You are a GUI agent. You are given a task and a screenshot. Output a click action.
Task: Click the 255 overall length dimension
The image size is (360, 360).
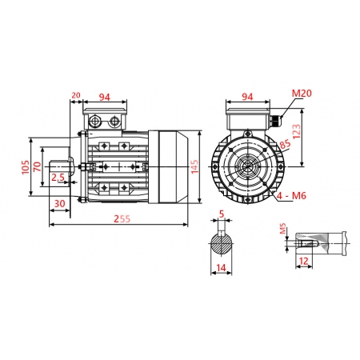click(122, 218)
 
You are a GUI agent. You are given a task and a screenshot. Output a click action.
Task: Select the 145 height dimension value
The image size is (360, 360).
click(194, 166)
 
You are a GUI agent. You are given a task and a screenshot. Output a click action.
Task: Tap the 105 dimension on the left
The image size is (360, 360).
click(26, 166)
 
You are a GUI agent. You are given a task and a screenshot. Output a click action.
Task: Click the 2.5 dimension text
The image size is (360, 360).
click(58, 178)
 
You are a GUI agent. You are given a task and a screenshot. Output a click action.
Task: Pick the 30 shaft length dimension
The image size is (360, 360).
click(59, 204)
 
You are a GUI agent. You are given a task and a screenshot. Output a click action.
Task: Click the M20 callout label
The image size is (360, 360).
click(301, 94)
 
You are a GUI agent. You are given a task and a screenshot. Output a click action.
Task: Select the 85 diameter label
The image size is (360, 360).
click(286, 146)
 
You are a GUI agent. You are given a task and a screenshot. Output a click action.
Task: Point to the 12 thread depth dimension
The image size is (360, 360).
click(303, 261)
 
